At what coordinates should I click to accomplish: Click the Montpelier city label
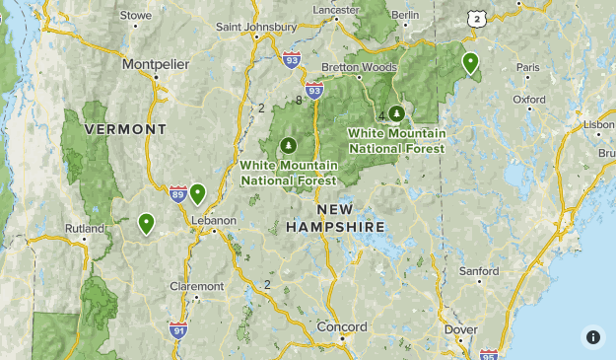156,65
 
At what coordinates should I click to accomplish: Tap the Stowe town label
135,15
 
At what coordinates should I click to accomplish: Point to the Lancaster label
336,9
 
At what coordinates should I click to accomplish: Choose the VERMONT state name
125,129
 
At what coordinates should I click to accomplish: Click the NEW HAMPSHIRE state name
335,219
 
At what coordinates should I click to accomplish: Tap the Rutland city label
84,228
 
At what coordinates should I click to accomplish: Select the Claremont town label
197,286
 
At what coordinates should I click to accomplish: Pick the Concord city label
342,326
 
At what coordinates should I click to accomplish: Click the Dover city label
461,329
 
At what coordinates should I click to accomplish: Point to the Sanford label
479,271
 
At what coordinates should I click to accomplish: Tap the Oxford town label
528,100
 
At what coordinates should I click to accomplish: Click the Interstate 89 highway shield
177,194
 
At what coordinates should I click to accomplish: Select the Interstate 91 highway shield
178,329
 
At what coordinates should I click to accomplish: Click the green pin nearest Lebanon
197,193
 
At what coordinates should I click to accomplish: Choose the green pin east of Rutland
147,224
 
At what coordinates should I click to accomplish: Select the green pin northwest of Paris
471,63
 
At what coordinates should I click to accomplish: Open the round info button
593,337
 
